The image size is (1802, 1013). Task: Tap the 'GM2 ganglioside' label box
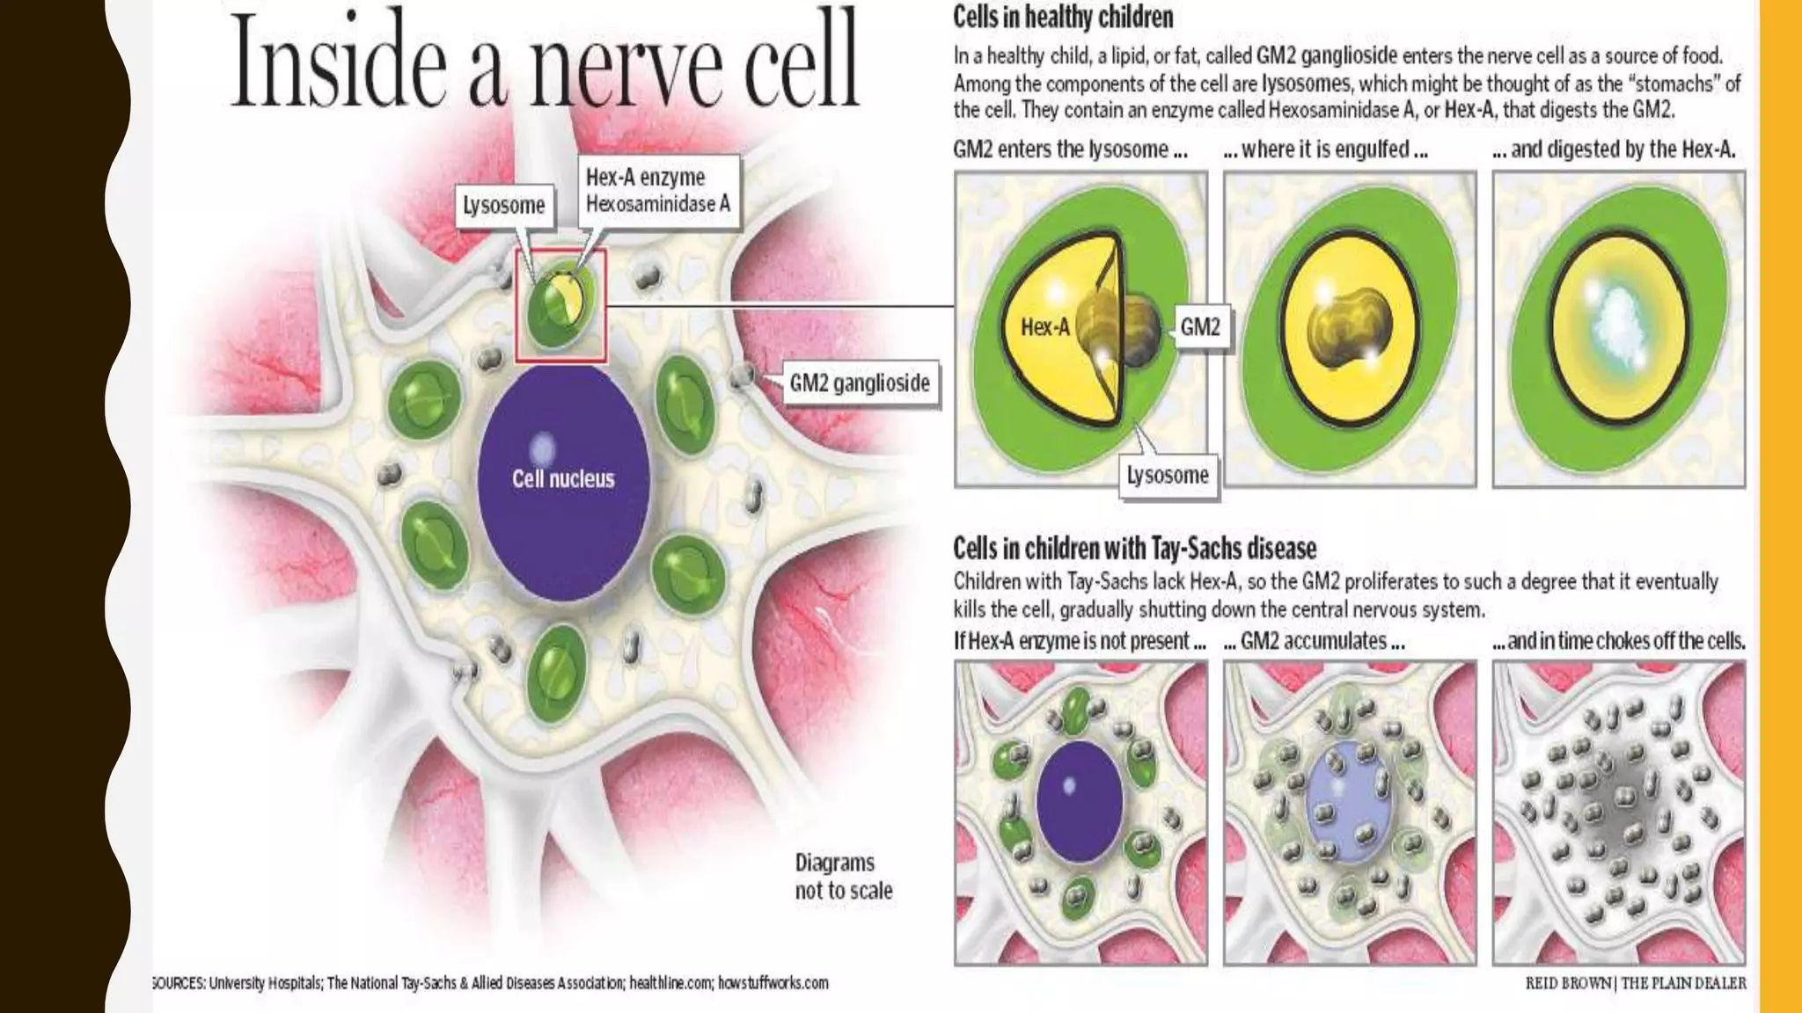coord(859,383)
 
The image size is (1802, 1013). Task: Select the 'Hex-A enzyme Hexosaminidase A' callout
coord(658,191)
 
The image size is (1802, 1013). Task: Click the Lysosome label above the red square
coord(504,206)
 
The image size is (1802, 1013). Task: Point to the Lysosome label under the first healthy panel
coord(1168,476)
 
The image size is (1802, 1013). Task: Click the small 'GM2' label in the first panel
coord(1200,327)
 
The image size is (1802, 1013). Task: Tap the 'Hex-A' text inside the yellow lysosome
coord(1044,327)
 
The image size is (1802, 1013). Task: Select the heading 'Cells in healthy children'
coord(1063,17)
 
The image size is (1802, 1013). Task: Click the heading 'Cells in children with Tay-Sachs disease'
coord(1134,549)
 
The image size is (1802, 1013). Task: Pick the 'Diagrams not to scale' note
coord(843,876)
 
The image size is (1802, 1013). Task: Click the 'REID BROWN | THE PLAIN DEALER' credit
coord(1636,983)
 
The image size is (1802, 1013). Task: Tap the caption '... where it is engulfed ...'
coord(1325,149)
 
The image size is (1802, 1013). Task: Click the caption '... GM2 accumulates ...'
coord(1314,641)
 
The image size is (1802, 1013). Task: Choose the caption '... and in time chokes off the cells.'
coord(1619,641)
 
